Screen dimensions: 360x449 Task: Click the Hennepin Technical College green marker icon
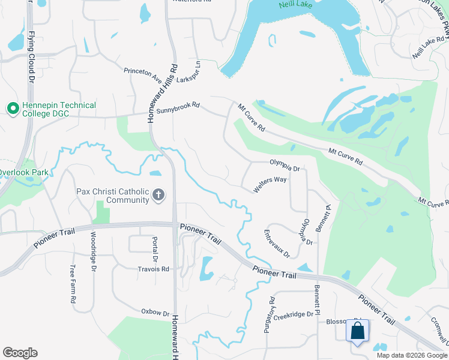click(12, 108)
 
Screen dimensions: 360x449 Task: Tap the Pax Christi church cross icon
click(158, 194)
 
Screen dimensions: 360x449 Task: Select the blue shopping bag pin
click(357, 331)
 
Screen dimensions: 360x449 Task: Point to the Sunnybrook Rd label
click(177, 109)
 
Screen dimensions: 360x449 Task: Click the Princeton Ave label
click(143, 74)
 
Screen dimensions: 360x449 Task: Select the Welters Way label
click(270, 184)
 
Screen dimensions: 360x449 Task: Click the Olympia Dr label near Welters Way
click(285, 164)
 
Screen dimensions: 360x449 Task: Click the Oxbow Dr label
click(155, 312)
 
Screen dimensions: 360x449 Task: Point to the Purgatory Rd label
click(272, 314)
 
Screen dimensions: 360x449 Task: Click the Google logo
click(20, 353)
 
